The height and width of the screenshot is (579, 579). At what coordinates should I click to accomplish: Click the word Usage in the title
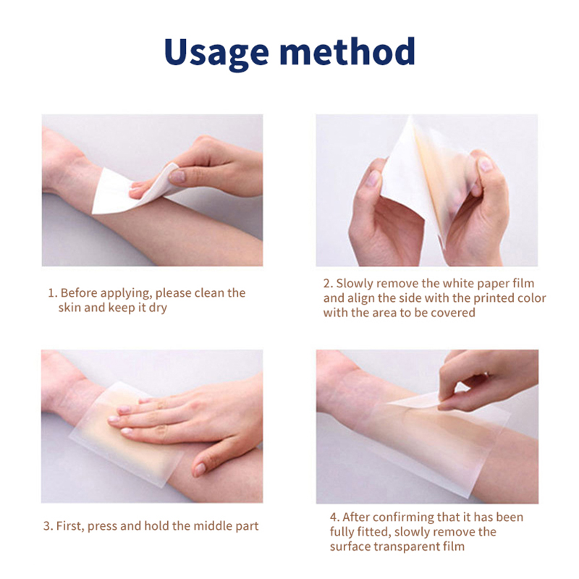click(x=216, y=53)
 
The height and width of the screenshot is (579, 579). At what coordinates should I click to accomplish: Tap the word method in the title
click(x=347, y=51)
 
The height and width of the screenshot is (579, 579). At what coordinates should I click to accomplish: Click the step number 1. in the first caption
click(x=53, y=293)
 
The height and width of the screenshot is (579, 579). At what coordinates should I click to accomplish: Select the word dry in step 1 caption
click(x=158, y=308)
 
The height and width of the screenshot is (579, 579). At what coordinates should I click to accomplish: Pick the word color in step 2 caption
click(x=532, y=298)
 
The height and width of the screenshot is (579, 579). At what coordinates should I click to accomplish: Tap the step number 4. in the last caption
click(x=334, y=517)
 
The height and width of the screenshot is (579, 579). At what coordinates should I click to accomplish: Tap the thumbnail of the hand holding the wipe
click(x=177, y=176)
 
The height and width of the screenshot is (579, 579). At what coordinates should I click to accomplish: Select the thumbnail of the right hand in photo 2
click(x=486, y=164)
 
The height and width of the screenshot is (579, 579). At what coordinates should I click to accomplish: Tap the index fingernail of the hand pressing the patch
click(x=124, y=410)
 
